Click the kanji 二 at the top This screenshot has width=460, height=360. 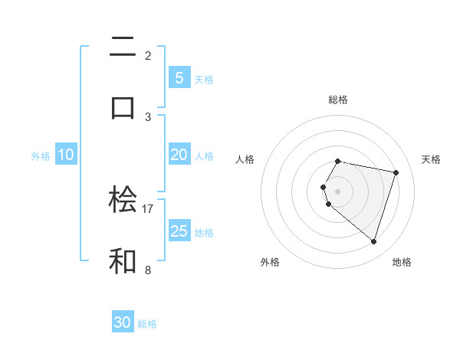[x=123, y=48]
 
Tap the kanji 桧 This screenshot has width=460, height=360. [x=123, y=201]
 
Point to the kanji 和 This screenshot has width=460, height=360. [x=123, y=260]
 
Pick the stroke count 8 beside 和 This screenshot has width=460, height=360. [x=148, y=270]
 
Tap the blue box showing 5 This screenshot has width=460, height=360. [x=179, y=77]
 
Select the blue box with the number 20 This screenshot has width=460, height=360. [x=179, y=155]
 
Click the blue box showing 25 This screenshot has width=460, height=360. [x=179, y=231]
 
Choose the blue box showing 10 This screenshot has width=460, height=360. [x=66, y=155]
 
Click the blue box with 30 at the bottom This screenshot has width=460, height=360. [x=123, y=322]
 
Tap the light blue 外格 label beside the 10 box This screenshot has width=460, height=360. [x=41, y=156]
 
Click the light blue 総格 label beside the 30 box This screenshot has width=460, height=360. [x=147, y=324]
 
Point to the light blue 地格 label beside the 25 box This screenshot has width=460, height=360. [x=204, y=233]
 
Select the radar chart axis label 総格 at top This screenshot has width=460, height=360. [x=338, y=100]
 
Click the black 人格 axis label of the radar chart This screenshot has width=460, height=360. [x=245, y=159]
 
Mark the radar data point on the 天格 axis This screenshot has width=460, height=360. [x=396, y=172]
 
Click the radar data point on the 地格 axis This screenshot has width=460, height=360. [x=373, y=241]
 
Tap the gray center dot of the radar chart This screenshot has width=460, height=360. [x=338, y=191]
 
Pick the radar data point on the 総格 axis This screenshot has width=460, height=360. [x=338, y=162]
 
